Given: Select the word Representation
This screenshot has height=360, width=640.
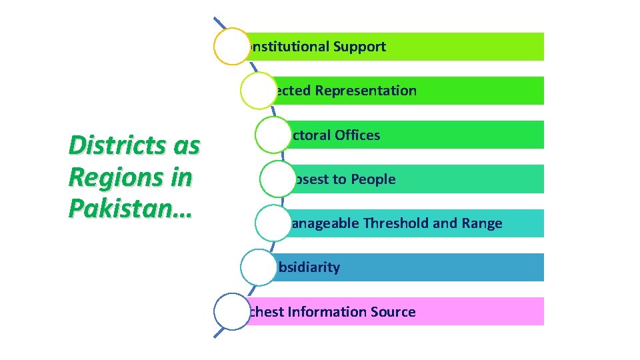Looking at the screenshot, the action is tap(366, 91).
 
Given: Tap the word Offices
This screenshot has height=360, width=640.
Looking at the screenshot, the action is tap(357, 135).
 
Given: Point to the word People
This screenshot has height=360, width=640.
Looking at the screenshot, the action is tap(373, 179).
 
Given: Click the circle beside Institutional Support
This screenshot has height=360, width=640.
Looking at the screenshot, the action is tap(232, 47).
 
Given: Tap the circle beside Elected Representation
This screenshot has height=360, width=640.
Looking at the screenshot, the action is tap(258, 91).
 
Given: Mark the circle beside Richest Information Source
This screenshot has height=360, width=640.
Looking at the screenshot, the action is tap(232, 312).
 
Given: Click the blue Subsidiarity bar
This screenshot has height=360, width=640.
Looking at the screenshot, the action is tap(433, 267).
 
